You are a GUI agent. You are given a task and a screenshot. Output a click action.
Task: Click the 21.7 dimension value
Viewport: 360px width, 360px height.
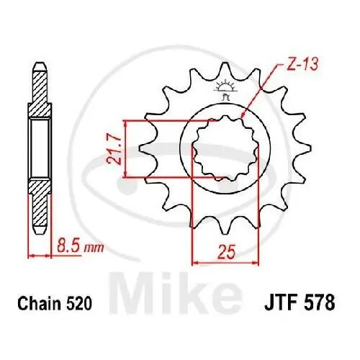112,148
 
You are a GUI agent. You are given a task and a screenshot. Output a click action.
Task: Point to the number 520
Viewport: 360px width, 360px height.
79,305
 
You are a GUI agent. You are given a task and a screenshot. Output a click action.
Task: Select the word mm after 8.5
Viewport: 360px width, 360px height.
94,248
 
